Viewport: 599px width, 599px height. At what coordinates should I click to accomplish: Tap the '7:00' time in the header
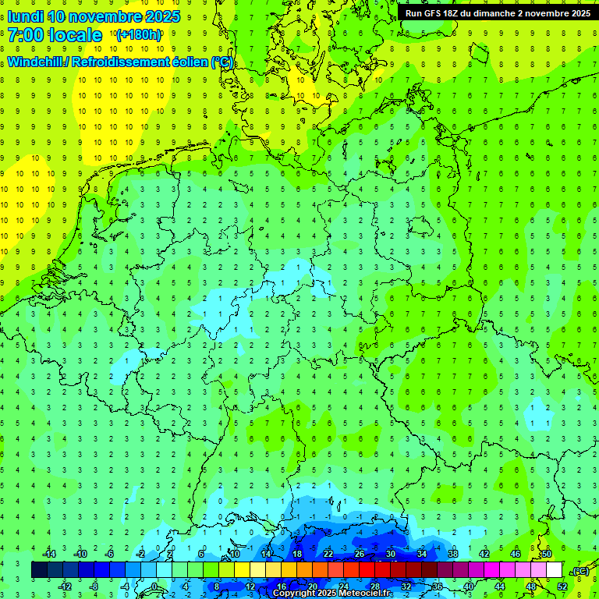coord(25,34)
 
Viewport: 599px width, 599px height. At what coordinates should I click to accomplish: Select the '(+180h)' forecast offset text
coord(139,35)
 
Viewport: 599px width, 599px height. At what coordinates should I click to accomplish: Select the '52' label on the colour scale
coord(562,586)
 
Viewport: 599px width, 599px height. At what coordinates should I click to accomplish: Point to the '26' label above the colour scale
coord(360,554)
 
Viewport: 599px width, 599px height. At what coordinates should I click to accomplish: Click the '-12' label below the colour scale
coord(65,586)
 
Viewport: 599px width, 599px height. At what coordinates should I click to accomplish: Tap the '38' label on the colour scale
coord(453,554)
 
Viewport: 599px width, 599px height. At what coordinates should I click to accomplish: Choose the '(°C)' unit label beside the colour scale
coord(580,571)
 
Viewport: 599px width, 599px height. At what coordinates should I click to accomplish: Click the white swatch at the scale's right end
coord(555,570)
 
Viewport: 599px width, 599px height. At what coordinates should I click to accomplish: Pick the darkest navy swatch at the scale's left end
coord(39,570)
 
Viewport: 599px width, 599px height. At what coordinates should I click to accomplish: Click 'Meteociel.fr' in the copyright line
coord(366,594)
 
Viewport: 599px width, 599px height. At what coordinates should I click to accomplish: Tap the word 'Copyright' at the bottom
coord(294,594)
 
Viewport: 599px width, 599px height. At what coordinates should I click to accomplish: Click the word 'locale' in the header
coord(75,34)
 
